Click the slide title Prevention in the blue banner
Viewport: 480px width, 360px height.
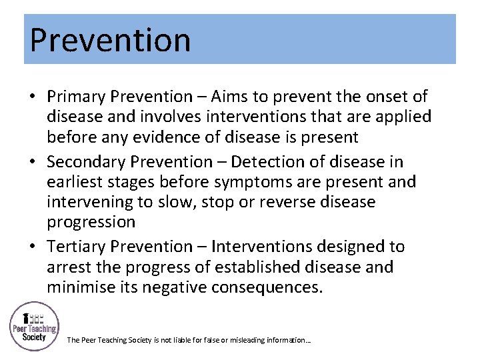point(110,39)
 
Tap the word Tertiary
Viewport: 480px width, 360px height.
point(76,247)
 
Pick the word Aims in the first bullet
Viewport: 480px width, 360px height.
point(236,97)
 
